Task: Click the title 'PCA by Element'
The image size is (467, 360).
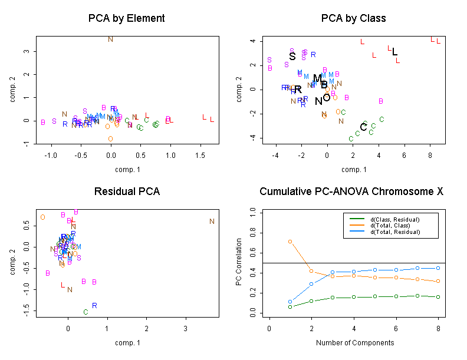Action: (126, 18)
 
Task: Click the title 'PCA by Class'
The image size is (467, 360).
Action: (353, 18)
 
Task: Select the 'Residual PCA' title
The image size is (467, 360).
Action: (126, 192)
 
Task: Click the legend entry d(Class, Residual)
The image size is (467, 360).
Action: (394, 219)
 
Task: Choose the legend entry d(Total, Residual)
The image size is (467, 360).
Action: (394, 232)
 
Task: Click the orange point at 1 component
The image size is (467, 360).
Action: (290, 242)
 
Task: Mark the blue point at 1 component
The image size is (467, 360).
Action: (290, 302)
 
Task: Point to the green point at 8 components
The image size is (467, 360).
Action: (438, 297)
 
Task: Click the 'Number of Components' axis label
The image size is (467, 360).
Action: (353, 342)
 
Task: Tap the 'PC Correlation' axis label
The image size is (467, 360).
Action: (239, 262)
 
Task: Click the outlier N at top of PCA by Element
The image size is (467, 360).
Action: (110, 39)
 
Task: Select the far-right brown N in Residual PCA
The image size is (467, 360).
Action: (212, 222)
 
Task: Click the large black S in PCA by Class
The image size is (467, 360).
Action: (292, 57)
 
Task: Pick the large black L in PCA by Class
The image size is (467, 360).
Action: (394, 52)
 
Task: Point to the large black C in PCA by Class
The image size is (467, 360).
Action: (363, 127)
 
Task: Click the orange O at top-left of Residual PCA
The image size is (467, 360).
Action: (42, 217)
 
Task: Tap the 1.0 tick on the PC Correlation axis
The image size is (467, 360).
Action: (254, 211)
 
